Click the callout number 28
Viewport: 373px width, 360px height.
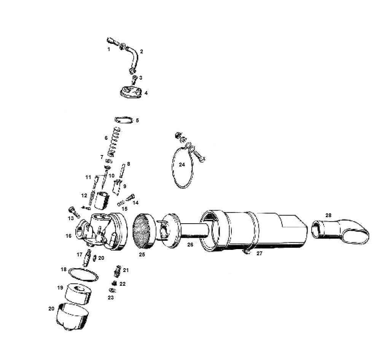pos(328,215)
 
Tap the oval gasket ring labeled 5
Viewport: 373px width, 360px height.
pos(124,120)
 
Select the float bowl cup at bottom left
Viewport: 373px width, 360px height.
pos(73,317)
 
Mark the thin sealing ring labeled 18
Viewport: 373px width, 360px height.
pos(83,274)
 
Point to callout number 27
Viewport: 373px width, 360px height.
pos(259,253)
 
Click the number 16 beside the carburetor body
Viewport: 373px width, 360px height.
pos(69,236)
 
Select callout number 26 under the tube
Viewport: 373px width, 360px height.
pos(190,245)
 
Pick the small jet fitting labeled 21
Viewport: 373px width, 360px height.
pos(117,271)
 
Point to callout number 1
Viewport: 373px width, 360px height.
pos(109,49)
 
